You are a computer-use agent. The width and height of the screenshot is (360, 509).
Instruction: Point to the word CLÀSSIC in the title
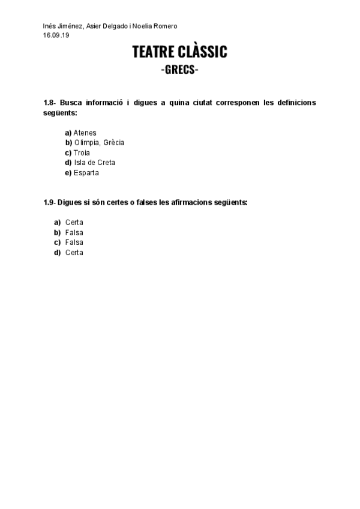[204, 53]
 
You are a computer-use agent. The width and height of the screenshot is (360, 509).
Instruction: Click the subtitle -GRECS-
[180, 70]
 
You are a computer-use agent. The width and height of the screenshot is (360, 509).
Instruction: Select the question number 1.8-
[49, 103]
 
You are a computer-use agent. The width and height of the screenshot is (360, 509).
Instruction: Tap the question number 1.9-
[49, 202]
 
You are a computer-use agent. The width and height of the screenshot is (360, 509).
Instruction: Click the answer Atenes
[85, 133]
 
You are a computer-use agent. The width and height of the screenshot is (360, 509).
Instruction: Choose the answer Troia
[82, 153]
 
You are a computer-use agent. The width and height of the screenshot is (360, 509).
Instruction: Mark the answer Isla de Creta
[95, 163]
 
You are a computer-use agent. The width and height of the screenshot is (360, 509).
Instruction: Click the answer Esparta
[86, 173]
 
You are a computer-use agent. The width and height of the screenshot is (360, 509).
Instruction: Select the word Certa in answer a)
[74, 223]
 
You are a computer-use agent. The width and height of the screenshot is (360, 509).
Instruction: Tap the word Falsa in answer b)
[74, 232]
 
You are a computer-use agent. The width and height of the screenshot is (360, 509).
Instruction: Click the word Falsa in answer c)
[74, 242]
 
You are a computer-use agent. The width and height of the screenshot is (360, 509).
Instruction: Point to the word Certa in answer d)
[74, 253]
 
